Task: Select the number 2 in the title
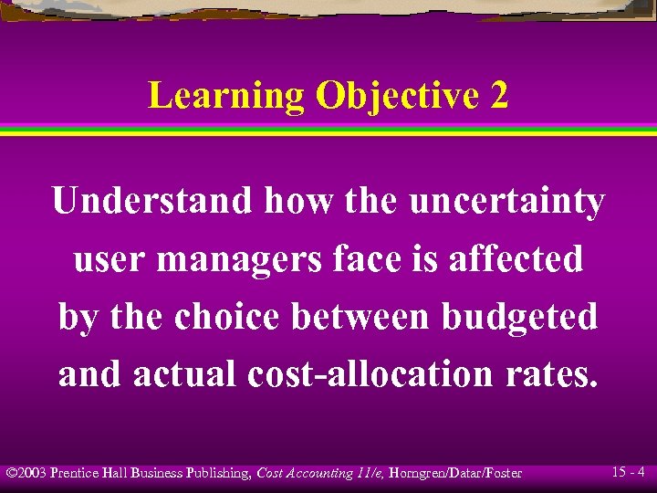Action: pos(499,96)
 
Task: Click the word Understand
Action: pos(151,201)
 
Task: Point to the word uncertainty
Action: pos(507,201)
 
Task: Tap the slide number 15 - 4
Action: pos(630,472)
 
